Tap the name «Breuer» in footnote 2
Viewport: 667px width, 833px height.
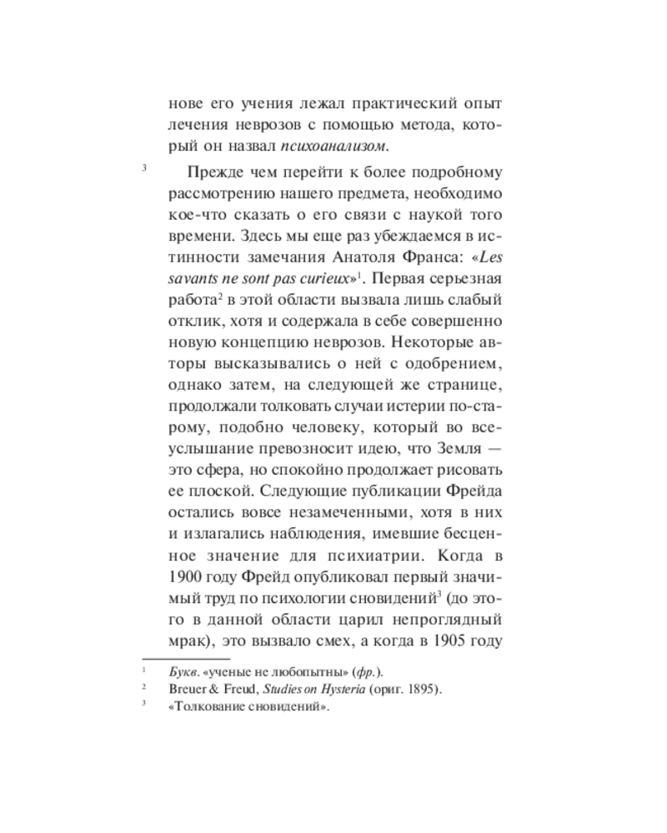188,690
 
